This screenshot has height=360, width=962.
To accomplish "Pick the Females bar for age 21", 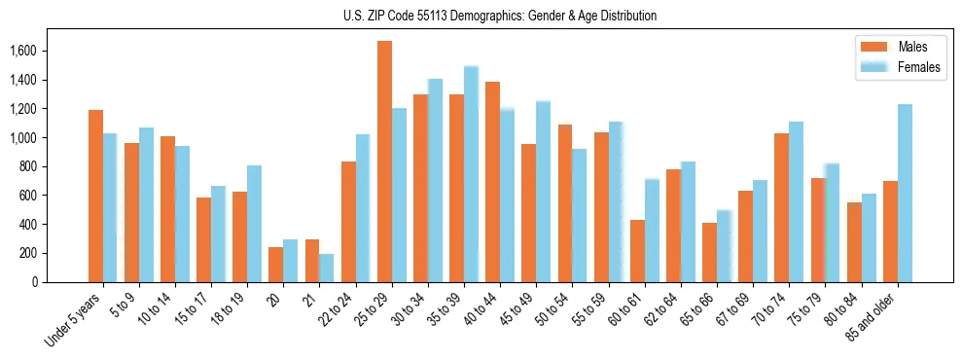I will click(327, 268).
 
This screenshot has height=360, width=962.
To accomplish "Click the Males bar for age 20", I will click(276, 265).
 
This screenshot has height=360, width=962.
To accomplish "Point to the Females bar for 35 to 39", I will click(471, 174).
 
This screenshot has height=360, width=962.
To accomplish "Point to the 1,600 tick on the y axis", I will click(49, 51).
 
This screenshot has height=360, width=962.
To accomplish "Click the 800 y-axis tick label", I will click(55, 166).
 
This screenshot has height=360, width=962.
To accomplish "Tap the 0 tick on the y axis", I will click(61, 282).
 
